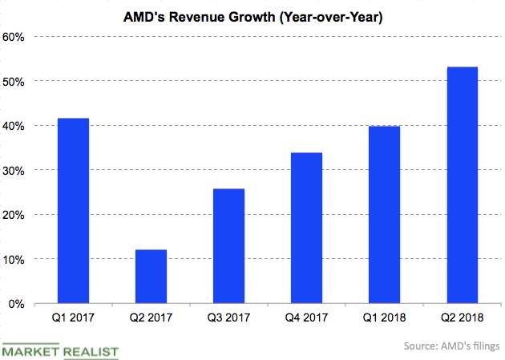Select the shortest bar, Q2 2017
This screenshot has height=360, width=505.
coord(151,277)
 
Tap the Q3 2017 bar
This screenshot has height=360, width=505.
coord(228,246)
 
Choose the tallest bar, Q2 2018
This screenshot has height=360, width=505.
coord(462,185)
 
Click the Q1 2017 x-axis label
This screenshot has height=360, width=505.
coord(73,318)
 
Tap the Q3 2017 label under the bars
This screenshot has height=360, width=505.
coord(228,318)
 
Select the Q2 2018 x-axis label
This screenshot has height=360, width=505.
coord(462,318)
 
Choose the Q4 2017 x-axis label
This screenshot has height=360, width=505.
coord(306,318)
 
